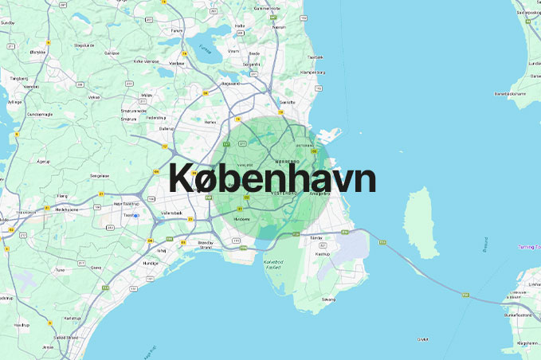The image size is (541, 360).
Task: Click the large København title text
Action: (272, 178)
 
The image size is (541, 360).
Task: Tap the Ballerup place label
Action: (167, 128)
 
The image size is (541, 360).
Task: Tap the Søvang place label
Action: (328, 299)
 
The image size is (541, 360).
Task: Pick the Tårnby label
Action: (316, 238)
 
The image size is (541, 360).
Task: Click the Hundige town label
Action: (151, 262)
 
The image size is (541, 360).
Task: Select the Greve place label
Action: (96, 268)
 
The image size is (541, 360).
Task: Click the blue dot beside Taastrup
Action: (136, 216)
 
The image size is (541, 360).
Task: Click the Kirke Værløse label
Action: (148, 61)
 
